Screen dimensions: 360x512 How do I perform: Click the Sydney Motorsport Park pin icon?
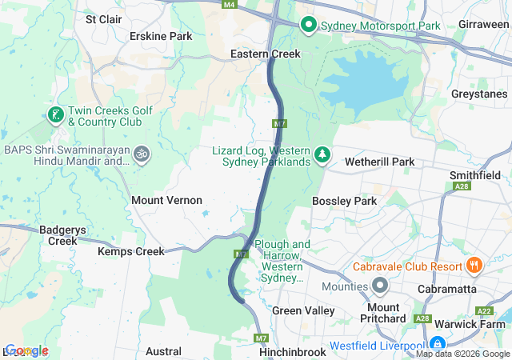coord(309,26)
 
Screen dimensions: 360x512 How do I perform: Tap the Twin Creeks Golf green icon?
coord(56,115)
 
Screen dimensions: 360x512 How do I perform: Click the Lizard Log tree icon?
coord(322,154)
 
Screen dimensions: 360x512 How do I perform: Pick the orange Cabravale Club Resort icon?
coord(474,265)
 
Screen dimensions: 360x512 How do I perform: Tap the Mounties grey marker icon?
coord(379,286)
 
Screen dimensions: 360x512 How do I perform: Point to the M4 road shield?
coord(230,5)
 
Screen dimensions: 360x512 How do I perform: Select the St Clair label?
coord(102,18)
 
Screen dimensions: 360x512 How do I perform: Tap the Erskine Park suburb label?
coord(161,36)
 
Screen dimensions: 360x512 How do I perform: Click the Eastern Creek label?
coord(265,54)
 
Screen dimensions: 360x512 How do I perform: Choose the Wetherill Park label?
coord(379,162)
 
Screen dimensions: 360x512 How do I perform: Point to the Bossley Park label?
coord(344,201)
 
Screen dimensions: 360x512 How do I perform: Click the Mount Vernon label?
coord(166,200)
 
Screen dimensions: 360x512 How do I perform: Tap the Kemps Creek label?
coord(130,251)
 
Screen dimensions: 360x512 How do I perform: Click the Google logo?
coord(26,350)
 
